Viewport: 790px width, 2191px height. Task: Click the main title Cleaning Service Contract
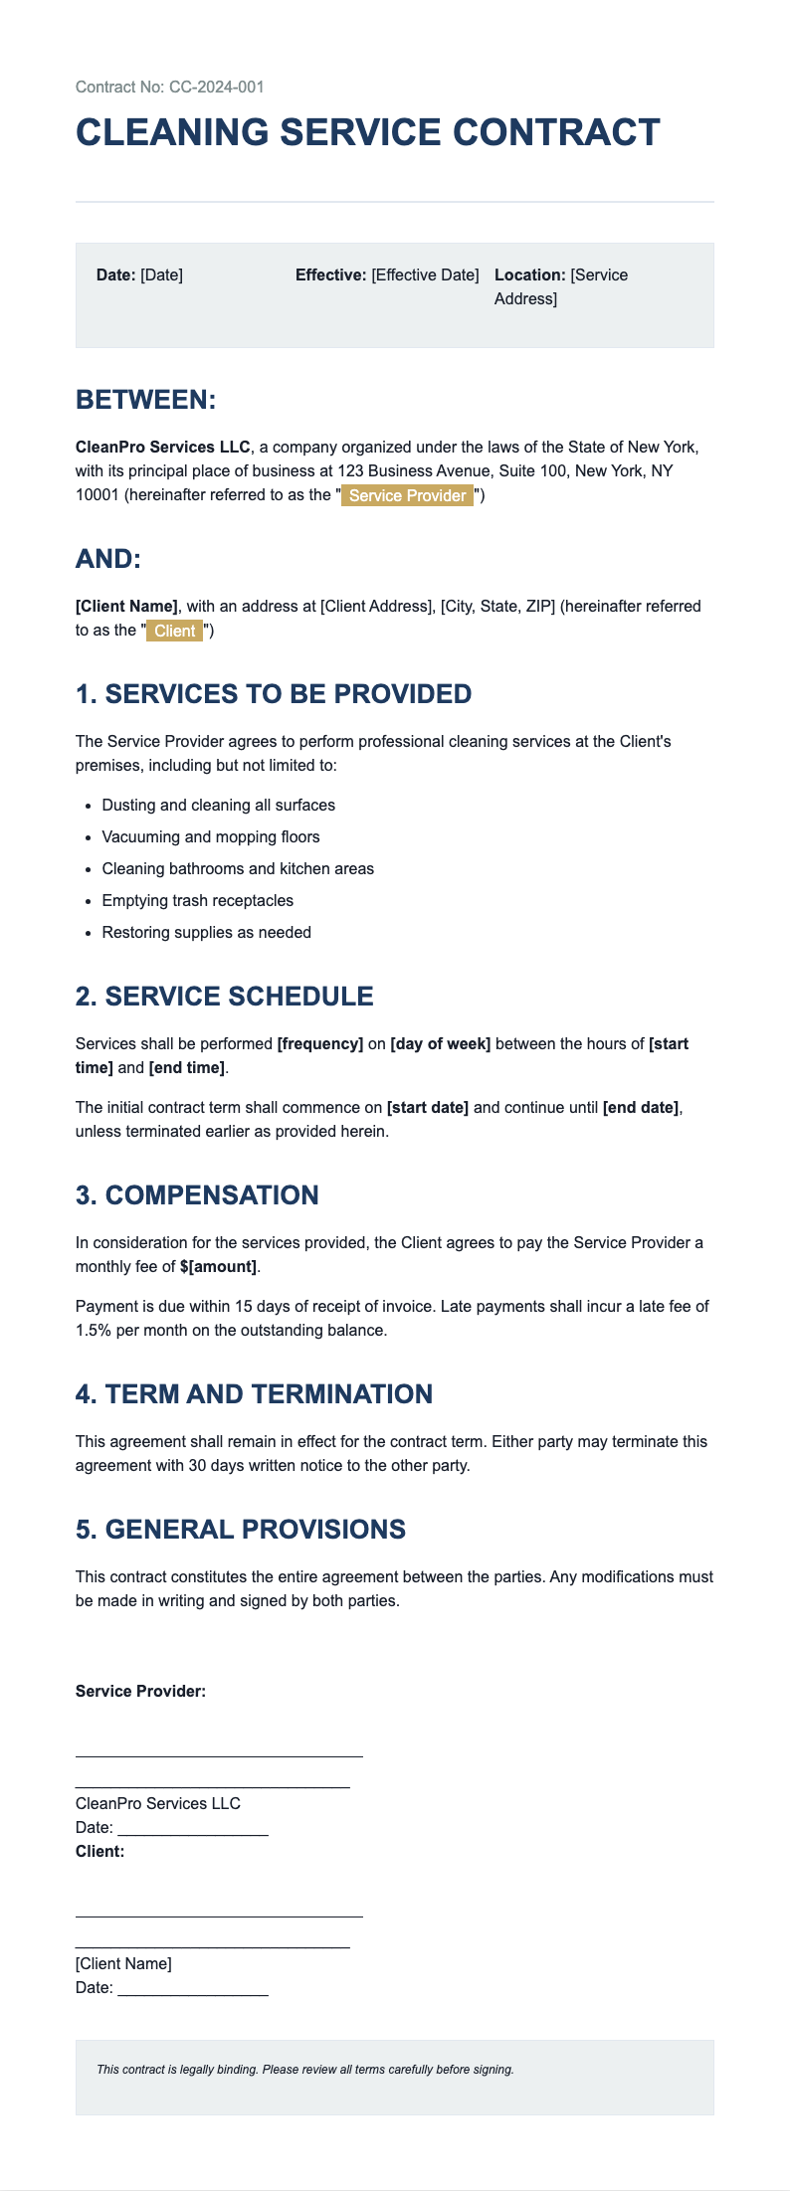pyautogui.click(x=367, y=133)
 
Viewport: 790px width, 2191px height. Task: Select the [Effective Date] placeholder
pyautogui.click(x=425, y=274)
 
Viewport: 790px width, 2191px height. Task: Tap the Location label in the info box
pyautogui.click(x=529, y=274)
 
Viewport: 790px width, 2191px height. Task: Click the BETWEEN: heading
pyautogui.click(x=145, y=400)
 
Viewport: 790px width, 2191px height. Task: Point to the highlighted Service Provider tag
pyautogui.click(x=407, y=495)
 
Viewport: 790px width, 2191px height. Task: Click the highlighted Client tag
pyautogui.click(x=175, y=631)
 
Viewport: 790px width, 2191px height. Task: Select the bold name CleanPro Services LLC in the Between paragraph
pyautogui.click(x=162, y=448)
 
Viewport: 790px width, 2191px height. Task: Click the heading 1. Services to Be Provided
pyautogui.click(x=273, y=694)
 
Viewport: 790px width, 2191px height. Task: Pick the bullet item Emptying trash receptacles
pyautogui.click(x=197, y=900)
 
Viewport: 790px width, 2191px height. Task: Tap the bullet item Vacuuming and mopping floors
pyautogui.click(x=210, y=836)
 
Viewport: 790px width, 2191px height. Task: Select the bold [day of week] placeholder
pyautogui.click(x=440, y=1044)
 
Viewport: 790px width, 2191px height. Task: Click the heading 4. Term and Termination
pyautogui.click(x=254, y=1394)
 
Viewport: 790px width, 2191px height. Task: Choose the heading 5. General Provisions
pyautogui.click(x=240, y=1530)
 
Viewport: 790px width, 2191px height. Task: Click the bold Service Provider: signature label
pyautogui.click(x=140, y=1691)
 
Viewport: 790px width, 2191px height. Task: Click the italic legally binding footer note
pyautogui.click(x=304, y=2070)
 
